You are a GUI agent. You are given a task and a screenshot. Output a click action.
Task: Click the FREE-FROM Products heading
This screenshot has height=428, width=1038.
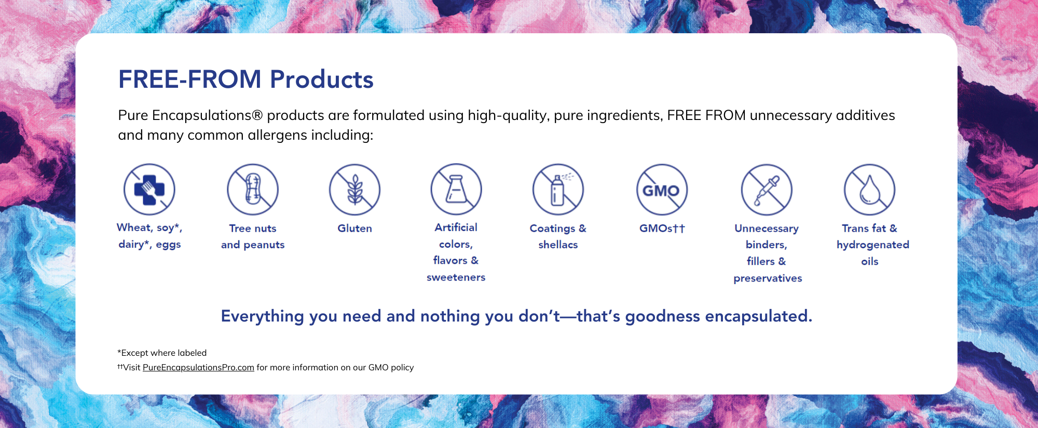click(245, 79)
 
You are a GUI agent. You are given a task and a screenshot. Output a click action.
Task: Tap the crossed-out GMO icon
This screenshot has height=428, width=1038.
click(662, 190)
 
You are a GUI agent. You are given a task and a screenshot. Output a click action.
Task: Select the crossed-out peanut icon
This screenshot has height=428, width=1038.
click(253, 190)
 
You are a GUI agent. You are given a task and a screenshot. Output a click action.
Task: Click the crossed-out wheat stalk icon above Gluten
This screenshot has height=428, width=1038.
click(355, 190)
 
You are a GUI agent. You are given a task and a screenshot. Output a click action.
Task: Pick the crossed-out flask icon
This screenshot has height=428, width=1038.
click(456, 190)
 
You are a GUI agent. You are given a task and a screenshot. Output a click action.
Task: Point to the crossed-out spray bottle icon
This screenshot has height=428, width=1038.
click(558, 190)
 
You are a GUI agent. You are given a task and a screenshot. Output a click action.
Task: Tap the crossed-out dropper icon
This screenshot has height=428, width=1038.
click(767, 190)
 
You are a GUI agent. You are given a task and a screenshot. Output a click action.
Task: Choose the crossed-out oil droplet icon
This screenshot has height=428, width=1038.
click(869, 190)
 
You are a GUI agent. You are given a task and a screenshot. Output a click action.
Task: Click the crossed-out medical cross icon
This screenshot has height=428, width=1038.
click(149, 189)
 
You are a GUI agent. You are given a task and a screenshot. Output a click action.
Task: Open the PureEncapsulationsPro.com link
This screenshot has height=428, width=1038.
click(198, 367)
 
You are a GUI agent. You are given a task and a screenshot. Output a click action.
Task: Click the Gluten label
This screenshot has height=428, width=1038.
click(355, 228)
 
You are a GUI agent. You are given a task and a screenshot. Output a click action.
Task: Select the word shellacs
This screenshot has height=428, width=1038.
click(558, 245)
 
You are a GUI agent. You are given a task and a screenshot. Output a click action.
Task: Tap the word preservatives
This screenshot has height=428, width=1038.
click(768, 278)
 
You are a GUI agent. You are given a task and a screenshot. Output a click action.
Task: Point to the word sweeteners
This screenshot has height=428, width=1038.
click(456, 277)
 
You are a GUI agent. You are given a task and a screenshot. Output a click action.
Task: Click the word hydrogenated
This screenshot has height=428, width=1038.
click(873, 245)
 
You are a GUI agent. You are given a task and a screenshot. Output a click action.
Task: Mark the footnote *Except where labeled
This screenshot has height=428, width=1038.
click(162, 353)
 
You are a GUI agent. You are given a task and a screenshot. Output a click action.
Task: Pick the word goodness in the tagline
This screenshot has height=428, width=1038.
click(663, 316)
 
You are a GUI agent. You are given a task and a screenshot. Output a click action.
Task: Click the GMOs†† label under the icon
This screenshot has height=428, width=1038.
click(662, 228)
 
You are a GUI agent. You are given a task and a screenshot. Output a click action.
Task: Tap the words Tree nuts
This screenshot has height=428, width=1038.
click(253, 228)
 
